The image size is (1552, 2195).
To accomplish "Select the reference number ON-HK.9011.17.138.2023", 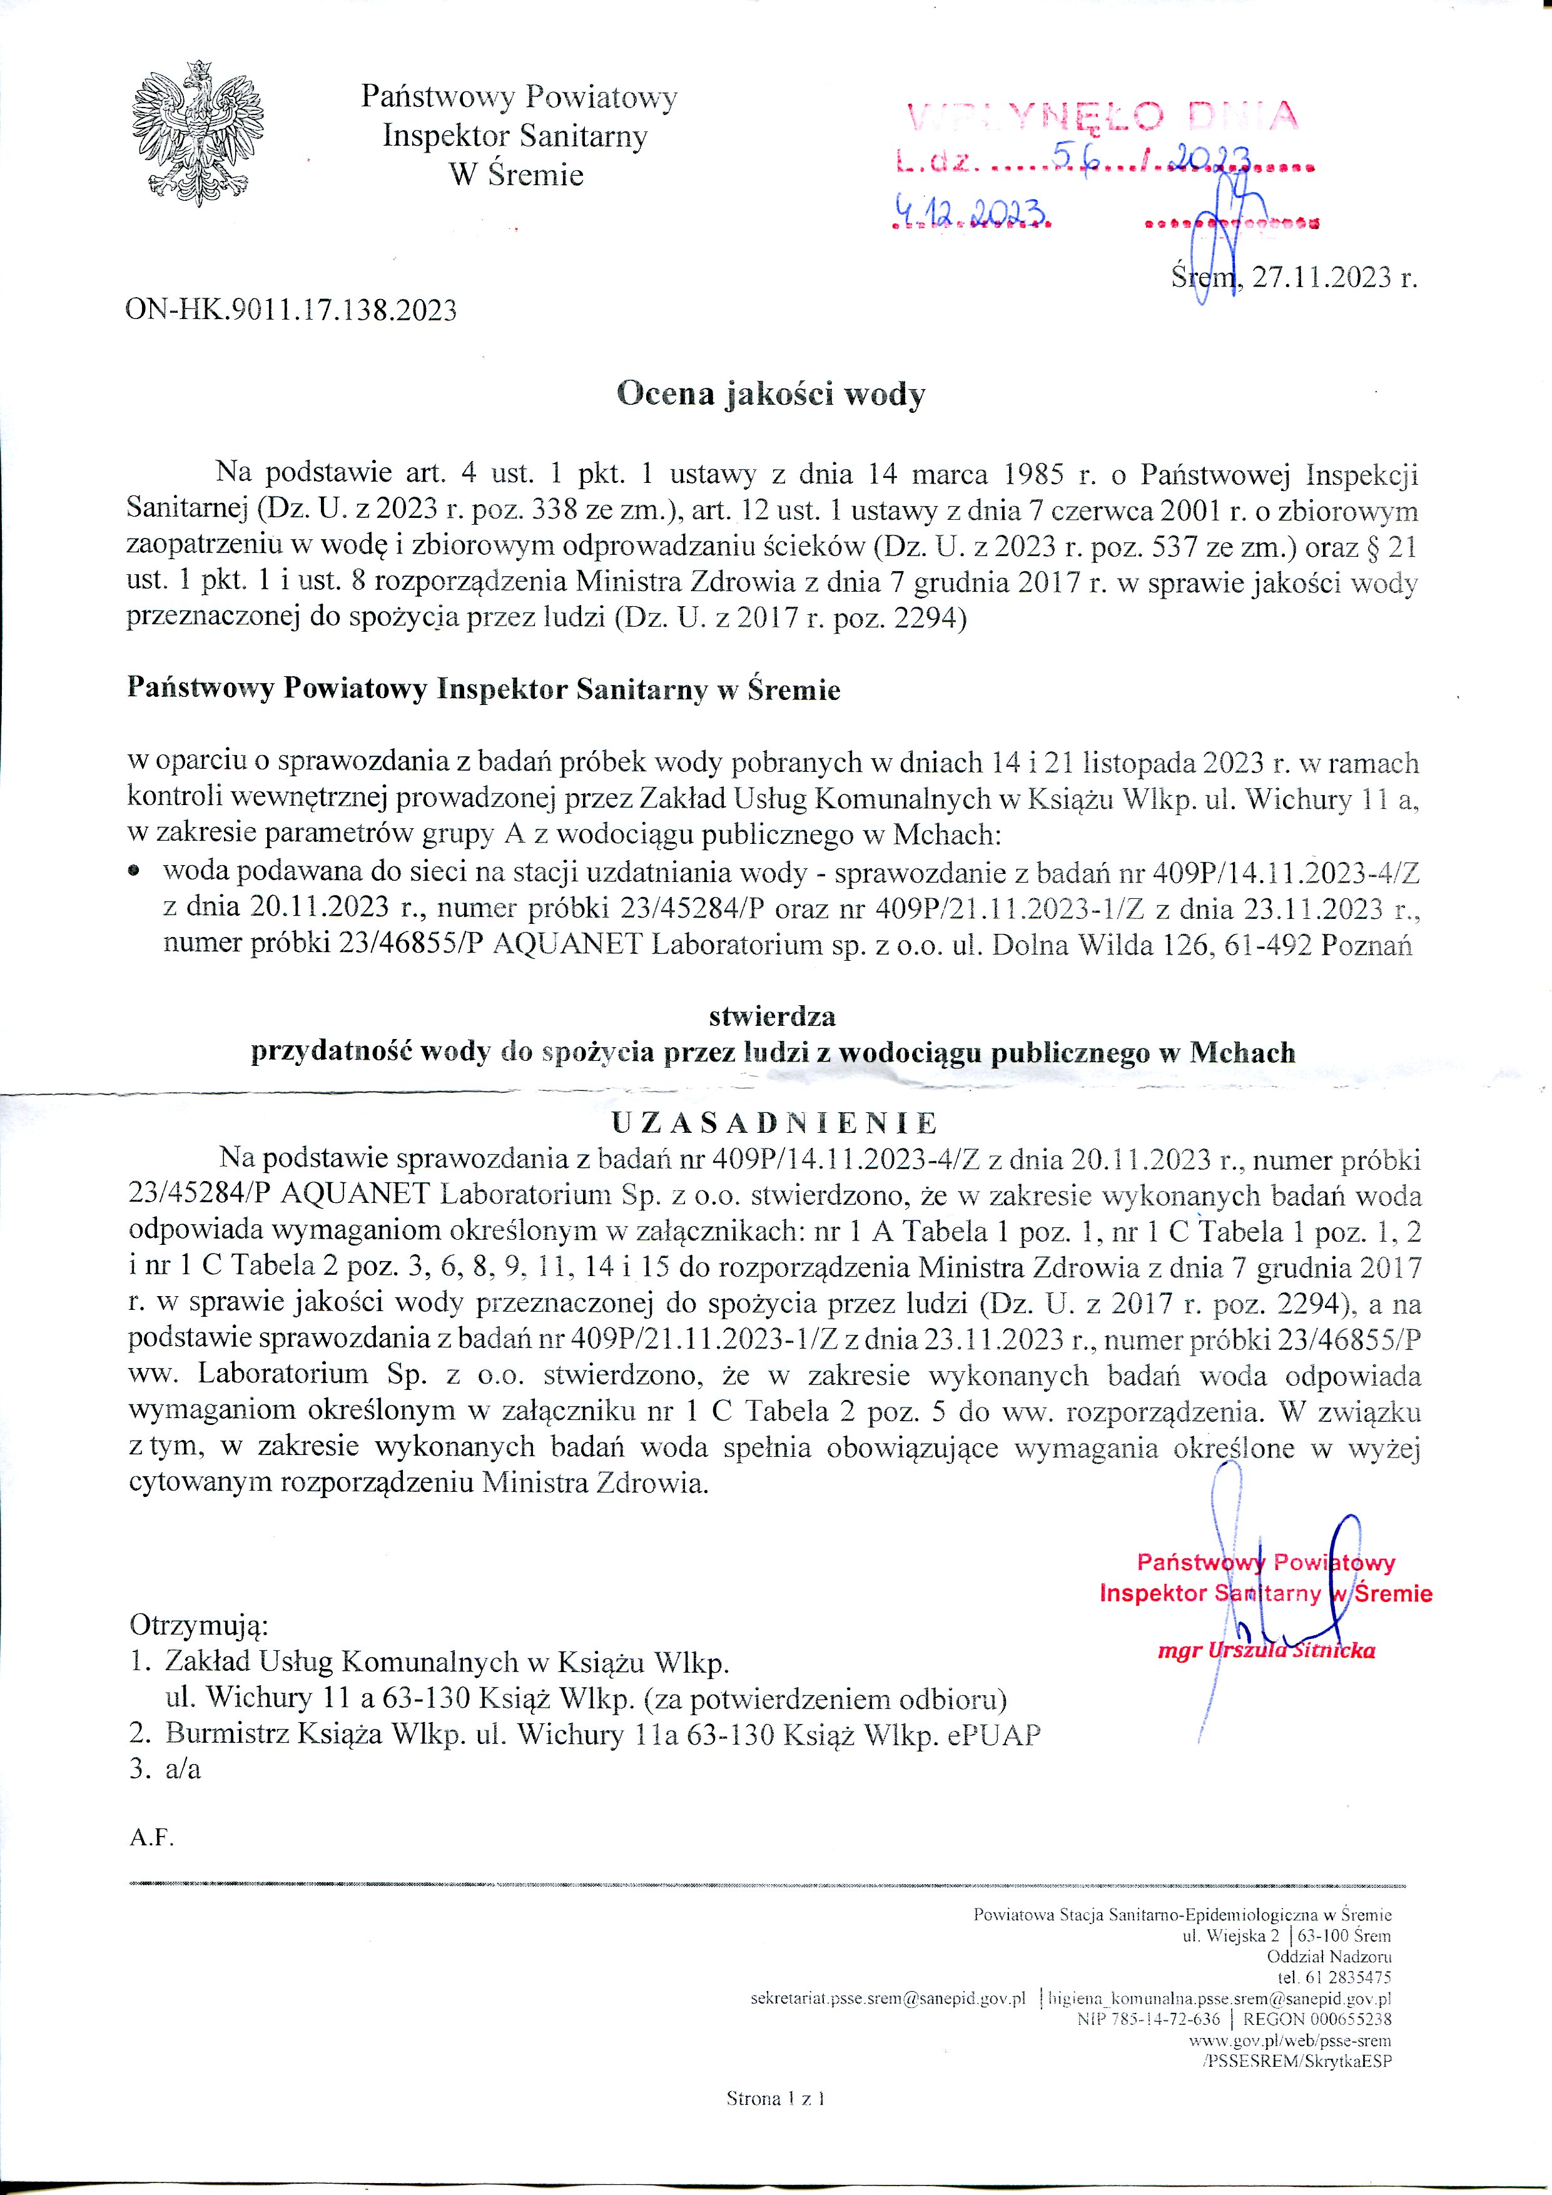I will [x=291, y=310].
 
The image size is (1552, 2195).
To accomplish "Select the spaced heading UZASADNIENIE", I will [x=774, y=1122].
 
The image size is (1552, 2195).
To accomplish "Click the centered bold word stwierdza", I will [x=772, y=1015].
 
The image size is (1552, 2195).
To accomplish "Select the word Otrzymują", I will [x=199, y=1625].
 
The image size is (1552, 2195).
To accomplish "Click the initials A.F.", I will [x=151, y=1837].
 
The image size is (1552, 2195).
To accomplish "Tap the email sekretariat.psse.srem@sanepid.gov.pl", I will [x=888, y=1998].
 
